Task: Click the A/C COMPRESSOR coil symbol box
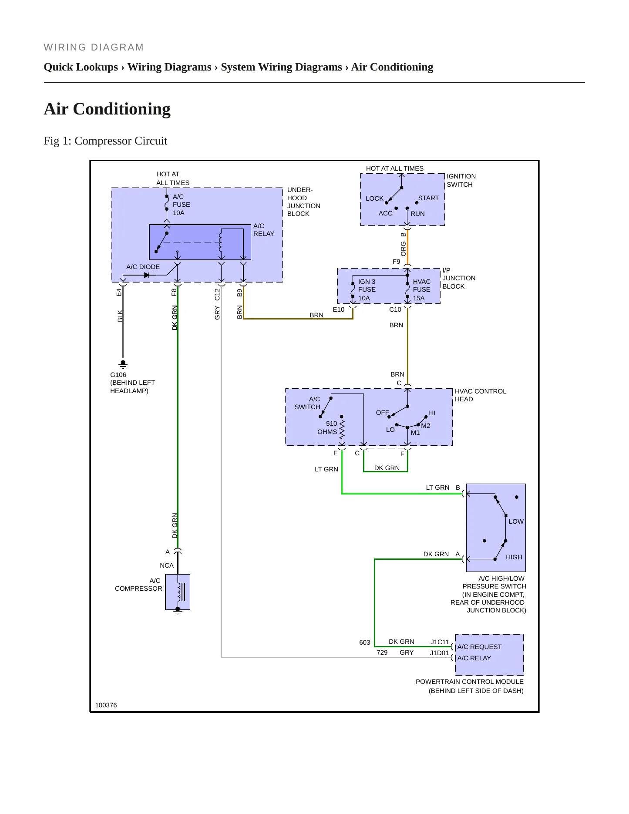point(178,592)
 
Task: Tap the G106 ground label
point(118,375)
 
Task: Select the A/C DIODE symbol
point(146,275)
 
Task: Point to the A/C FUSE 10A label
point(181,205)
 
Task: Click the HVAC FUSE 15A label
point(421,290)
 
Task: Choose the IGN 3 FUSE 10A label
point(367,290)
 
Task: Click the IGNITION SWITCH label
point(461,180)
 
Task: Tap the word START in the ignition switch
point(428,198)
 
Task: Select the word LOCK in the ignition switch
point(374,198)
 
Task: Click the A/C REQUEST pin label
point(479,647)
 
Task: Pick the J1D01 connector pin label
point(439,653)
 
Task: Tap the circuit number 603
point(365,642)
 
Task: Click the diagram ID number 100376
point(106,705)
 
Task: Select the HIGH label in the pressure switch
point(514,557)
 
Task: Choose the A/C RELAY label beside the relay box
point(264,230)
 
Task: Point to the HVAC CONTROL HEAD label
point(481,395)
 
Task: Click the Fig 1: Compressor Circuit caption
point(105,141)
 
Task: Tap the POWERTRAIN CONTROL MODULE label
point(470,682)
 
